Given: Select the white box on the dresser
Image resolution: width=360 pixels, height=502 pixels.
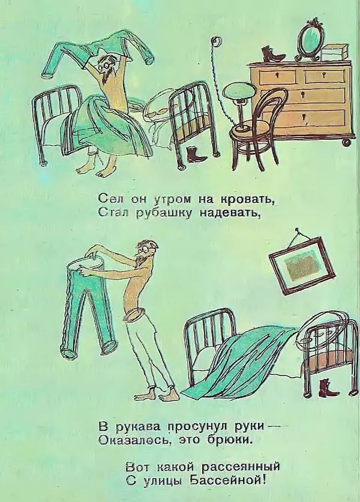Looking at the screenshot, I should [x=335, y=52].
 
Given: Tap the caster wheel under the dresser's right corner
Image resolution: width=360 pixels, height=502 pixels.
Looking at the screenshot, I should [x=346, y=142].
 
